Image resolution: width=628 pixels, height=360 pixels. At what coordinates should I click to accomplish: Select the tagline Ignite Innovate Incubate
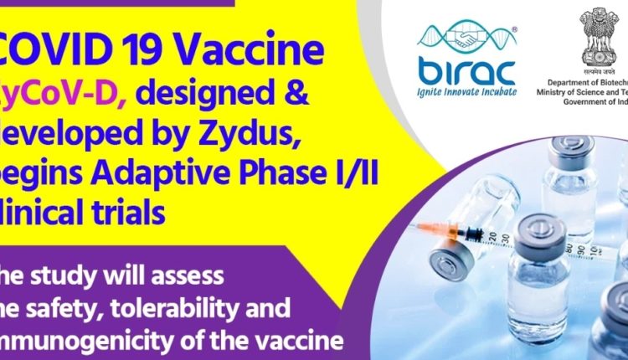(466, 91)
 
